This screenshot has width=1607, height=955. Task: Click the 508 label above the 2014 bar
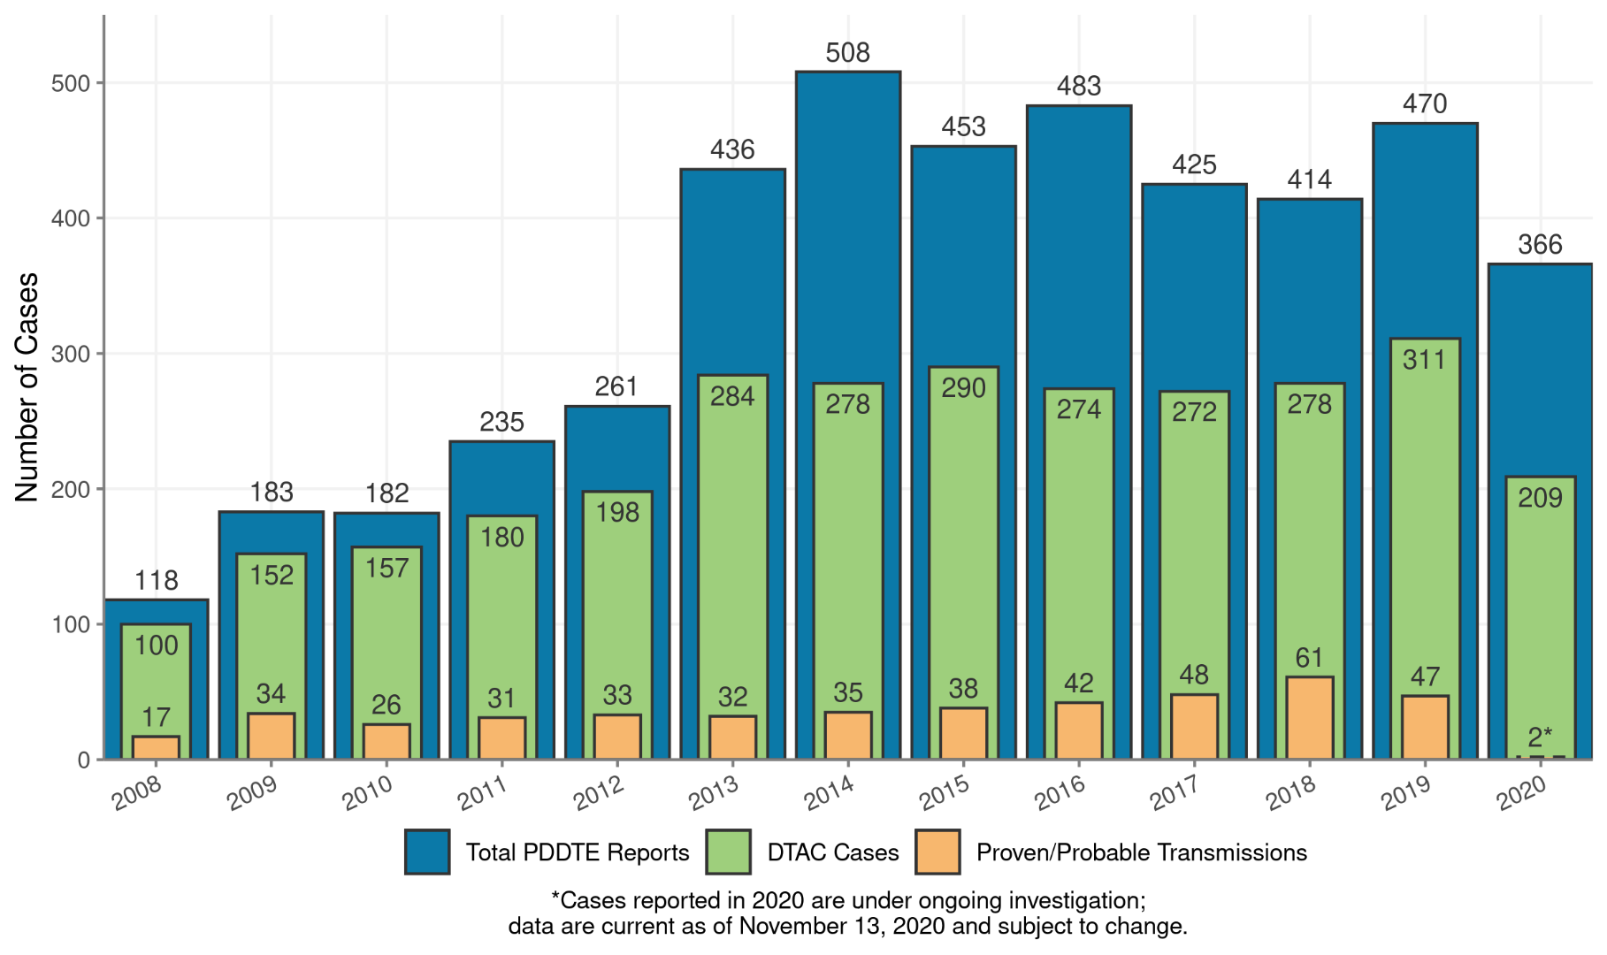pyautogui.click(x=847, y=53)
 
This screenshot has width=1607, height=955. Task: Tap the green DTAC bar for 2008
pyautogui.click(x=156, y=681)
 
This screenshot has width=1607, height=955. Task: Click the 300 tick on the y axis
pyautogui.click(x=70, y=354)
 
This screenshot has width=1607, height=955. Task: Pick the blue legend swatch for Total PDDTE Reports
pyautogui.click(x=427, y=852)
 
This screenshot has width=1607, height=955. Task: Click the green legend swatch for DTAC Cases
pyautogui.click(x=728, y=852)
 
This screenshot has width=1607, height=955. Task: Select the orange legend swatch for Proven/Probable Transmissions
pyautogui.click(x=937, y=852)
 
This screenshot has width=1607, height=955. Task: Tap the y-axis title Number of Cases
pyautogui.click(x=27, y=387)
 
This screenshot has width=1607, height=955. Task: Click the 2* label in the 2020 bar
pyautogui.click(x=1540, y=736)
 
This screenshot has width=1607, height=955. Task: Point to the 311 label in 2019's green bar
pyautogui.click(x=1424, y=360)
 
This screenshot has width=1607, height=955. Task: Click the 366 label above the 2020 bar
pyautogui.click(x=1540, y=245)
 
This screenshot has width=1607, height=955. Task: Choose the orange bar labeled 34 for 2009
pyautogui.click(x=272, y=736)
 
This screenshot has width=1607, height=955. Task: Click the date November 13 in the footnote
pyautogui.click(x=811, y=926)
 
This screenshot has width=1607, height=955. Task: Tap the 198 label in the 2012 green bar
pyautogui.click(x=616, y=512)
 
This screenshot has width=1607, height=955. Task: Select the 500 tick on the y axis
pyautogui.click(x=70, y=83)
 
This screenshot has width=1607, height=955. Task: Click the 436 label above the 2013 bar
pyautogui.click(x=732, y=149)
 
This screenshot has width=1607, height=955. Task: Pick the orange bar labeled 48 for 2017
pyautogui.click(x=1194, y=726)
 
